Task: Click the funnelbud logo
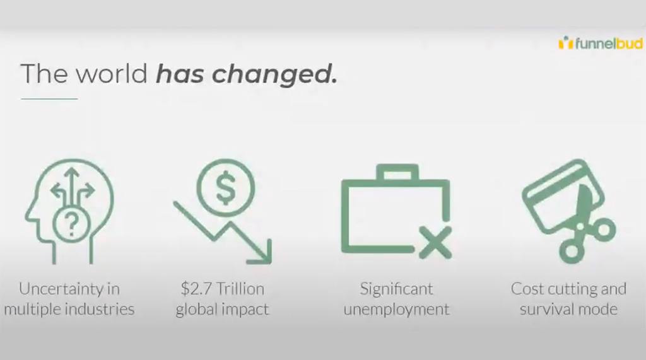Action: click(x=601, y=43)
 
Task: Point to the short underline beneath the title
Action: click(x=49, y=99)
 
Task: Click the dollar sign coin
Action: click(x=225, y=187)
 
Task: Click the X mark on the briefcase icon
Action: click(x=435, y=243)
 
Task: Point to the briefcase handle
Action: click(x=397, y=171)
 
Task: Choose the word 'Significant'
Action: click(x=396, y=289)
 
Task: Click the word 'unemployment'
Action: click(x=396, y=310)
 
